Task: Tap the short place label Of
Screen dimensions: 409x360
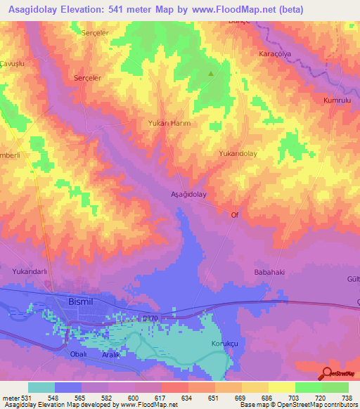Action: (x=235, y=216)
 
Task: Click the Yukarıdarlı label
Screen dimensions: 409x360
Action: (x=30, y=271)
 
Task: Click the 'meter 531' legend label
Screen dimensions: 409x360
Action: (x=15, y=398)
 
